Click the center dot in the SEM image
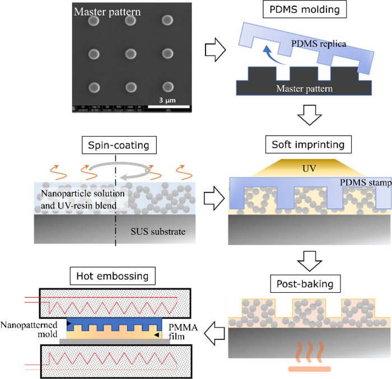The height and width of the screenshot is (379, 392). pos(130,54)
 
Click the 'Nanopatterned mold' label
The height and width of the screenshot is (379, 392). pos(31,329)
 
